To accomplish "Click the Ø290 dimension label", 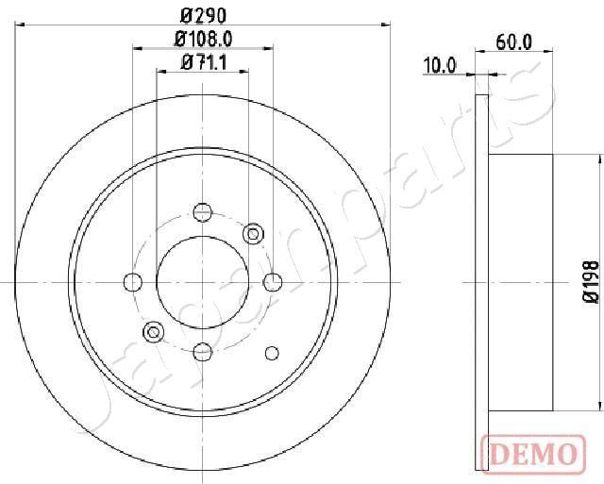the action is pos(203,15).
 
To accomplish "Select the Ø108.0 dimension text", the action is pos(204,39).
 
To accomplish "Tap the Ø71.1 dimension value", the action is pos(204,63).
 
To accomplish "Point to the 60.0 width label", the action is pos(514,42).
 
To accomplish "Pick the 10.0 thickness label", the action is pos(440,65).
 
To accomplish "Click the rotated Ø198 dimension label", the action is pos(591,282).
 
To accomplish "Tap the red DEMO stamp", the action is pos(533,453).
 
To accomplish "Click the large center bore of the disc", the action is pos(203,282).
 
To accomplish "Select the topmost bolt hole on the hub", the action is pos(203,212).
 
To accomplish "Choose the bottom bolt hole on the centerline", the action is pos(203,351).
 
